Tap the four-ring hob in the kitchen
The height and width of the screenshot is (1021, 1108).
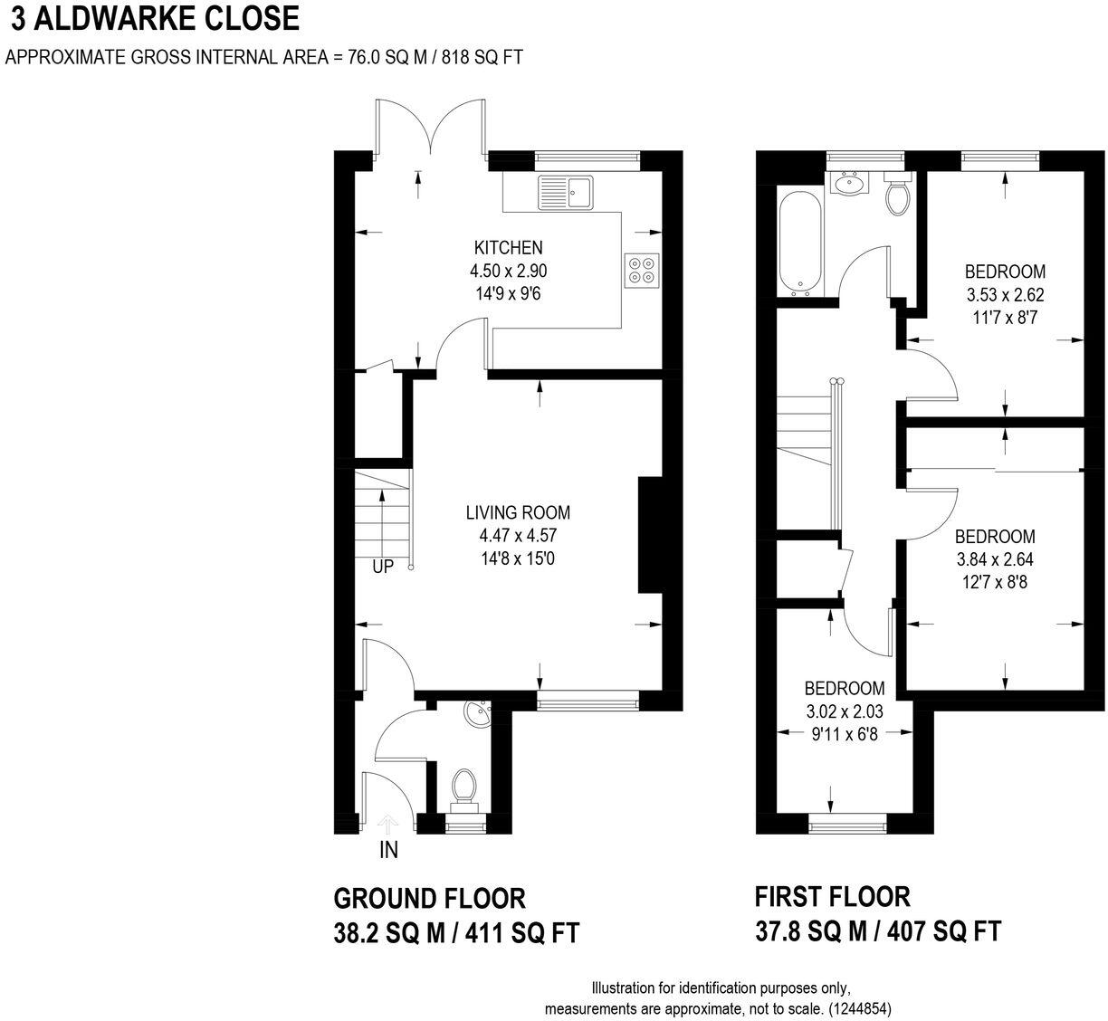[x=642, y=269]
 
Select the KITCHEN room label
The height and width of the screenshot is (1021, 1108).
[x=508, y=247]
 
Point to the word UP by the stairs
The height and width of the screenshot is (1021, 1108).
[x=383, y=568]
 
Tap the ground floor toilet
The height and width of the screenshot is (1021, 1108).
[x=464, y=784]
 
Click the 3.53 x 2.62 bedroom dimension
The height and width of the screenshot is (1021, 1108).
[x=1005, y=295]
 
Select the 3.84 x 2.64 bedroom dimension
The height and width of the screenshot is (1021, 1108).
[x=995, y=559]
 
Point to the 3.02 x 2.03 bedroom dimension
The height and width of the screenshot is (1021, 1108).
[x=845, y=711]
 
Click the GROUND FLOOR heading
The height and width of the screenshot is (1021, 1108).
[x=429, y=899]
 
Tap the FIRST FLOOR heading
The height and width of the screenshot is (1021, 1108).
[x=832, y=897]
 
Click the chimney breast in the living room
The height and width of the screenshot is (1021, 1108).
[x=651, y=535]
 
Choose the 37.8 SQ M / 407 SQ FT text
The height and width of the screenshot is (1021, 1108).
[x=877, y=931]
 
